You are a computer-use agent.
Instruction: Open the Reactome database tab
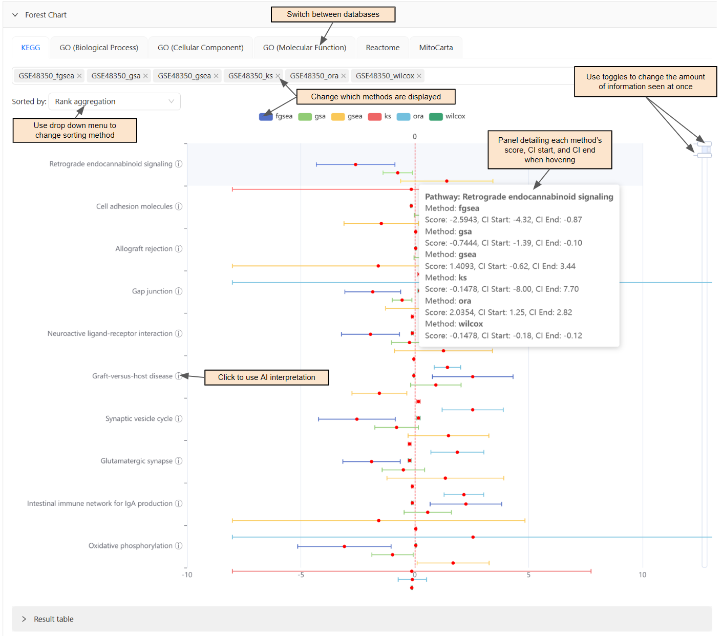[x=383, y=48]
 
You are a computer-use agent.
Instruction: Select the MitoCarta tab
[x=436, y=48]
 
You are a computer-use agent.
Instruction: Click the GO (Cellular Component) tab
[x=200, y=48]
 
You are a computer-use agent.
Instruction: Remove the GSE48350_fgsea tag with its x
[x=79, y=76]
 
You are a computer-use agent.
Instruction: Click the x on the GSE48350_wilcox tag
[x=419, y=76]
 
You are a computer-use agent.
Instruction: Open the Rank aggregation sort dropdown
[x=114, y=101]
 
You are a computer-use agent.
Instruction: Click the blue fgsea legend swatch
[x=266, y=117]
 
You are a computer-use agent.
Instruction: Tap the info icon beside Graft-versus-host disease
[x=179, y=376]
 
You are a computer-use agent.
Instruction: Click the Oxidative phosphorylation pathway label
[x=130, y=546]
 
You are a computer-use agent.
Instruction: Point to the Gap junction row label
[x=152, y=291]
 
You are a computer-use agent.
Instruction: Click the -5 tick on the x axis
[x=301, y=575]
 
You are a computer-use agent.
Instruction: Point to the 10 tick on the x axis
[x=642, y=575]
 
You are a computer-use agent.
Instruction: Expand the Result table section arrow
[x=24, y=619]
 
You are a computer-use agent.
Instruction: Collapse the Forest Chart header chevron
[x=15, y=15]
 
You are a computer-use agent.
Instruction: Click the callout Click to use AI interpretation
[x=266, y=377]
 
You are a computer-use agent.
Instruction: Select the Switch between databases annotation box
[x=333, y=14]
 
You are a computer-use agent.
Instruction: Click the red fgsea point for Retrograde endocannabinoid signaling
[x=355, y=164]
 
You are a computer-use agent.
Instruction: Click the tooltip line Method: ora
[x=448, y=301]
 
